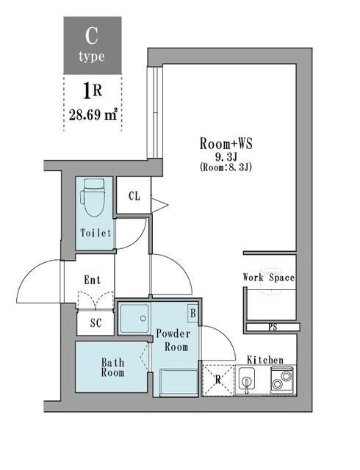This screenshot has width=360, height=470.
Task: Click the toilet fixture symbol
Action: (93, 198)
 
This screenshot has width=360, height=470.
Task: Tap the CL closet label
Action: (134, 196)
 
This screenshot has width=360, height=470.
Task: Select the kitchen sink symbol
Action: (247, 380)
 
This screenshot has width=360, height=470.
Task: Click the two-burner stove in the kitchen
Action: (282, 380)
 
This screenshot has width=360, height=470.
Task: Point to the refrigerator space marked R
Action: (218, 380)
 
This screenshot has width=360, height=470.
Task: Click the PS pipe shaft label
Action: (273, 327)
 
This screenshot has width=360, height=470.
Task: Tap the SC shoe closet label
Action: (96, 323)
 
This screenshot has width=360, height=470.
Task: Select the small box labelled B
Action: (193, 314)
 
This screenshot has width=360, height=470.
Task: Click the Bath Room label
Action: (112, 367)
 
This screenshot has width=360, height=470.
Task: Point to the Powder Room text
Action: (173, 341)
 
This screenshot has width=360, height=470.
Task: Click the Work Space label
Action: (269, 278)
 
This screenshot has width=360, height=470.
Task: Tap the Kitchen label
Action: (265, 359)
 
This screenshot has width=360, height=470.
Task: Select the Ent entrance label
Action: (93, 280)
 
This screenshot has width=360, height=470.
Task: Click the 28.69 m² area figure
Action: (93, 115)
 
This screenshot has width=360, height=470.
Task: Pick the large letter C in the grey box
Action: (92, 36)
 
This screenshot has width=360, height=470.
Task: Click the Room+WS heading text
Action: (226, 144)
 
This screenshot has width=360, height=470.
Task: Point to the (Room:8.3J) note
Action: (226, 167)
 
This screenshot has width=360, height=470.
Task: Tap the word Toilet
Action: (96, 233)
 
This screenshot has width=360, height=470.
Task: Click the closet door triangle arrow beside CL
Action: (159, 206)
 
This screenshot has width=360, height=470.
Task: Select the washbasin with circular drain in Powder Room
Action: (134, 319)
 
